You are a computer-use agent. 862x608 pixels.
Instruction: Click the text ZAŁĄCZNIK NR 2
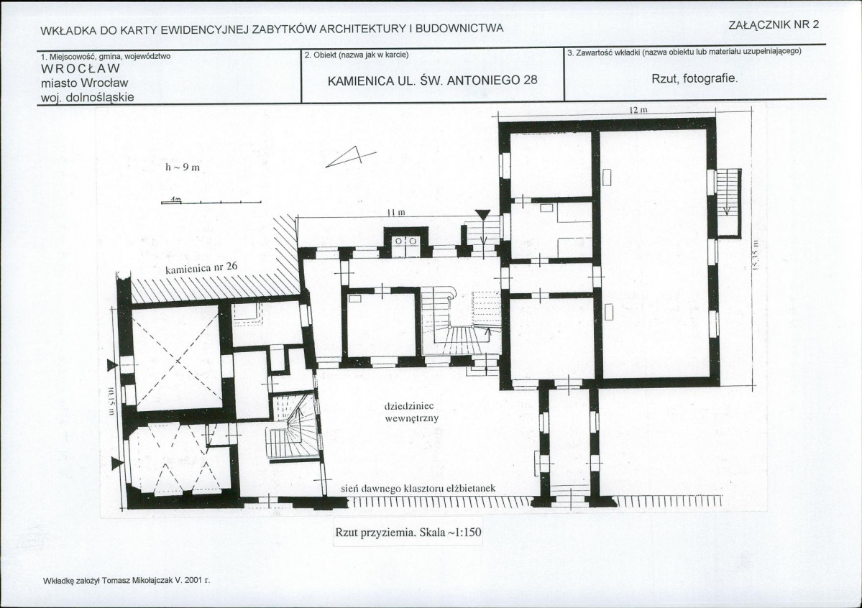point(774,24)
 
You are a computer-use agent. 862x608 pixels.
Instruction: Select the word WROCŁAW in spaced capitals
point(81,69)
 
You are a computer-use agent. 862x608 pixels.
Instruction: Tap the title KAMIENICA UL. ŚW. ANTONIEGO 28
point(433,80)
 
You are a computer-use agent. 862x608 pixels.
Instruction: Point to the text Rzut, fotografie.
point(694,78)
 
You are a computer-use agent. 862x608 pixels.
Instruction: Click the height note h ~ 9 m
point(182,167)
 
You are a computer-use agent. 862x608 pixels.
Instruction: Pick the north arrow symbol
point(350,156)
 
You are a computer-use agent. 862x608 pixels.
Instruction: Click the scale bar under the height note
point(211,202)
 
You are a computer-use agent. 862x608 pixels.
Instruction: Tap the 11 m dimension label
point(396,212)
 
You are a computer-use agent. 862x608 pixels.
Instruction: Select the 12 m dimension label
point(638,110)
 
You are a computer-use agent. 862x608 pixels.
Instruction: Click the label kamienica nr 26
point(201,268)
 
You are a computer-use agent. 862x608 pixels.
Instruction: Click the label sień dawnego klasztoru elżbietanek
point(418,488)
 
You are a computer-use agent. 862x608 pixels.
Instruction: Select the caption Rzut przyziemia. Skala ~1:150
point(408,532)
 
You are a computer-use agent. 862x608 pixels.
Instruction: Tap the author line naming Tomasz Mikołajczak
point(127,580)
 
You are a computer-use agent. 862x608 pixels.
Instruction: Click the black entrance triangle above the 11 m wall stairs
point(482,215)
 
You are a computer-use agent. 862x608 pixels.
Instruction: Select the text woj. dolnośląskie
point(88,98)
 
